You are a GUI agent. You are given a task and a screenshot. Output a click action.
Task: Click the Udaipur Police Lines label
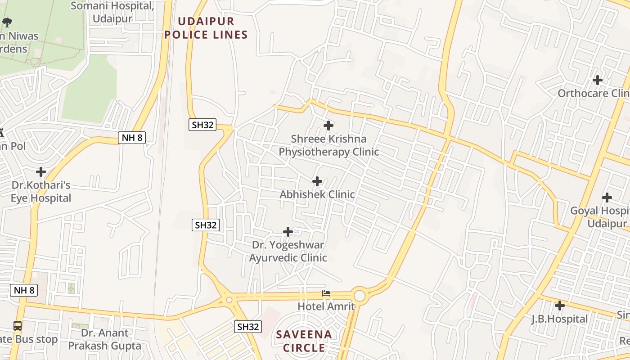206,28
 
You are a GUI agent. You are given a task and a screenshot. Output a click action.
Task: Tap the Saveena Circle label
304,341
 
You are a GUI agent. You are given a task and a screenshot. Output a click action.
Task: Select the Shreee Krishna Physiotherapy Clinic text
328,145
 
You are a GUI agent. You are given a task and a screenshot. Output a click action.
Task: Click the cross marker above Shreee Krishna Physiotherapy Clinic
328,126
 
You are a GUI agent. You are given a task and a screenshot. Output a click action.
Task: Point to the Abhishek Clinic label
317,194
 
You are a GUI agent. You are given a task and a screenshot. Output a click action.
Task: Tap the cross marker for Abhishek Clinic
317,181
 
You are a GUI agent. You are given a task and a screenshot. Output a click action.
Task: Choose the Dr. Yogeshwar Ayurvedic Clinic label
288,252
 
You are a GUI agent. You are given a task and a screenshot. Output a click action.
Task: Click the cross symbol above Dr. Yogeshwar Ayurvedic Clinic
288,232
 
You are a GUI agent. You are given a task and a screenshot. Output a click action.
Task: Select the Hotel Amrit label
326,306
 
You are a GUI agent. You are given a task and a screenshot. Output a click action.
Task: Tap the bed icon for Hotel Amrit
326,293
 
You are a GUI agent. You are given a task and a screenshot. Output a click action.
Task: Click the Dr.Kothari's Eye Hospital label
41,192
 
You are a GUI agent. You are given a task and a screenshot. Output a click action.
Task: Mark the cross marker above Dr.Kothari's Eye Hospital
41,172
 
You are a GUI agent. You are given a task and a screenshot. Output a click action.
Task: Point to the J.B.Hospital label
560,319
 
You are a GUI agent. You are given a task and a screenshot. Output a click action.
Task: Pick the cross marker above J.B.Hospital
560,306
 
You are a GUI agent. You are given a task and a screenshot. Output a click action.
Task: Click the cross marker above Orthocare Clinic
598,80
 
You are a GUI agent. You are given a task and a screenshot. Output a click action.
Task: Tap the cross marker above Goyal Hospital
607,197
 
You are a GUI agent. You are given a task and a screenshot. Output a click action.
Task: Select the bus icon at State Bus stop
18,326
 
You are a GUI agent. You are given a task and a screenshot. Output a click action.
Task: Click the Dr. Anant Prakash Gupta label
105,339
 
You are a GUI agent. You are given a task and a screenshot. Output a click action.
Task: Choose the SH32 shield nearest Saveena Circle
248,327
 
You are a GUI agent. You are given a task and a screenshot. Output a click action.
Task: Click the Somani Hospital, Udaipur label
112,12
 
